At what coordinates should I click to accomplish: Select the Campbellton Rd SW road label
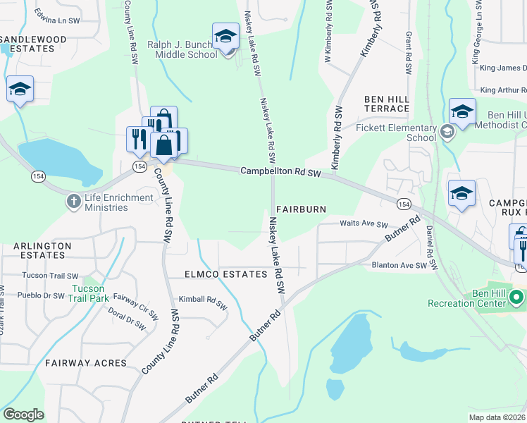pyautogui.click(x=280, y=171)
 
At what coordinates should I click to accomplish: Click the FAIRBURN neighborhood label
pyautogui.click(x=302, y=209)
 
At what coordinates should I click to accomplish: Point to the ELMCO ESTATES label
pyautogui.click(x=216, y=274)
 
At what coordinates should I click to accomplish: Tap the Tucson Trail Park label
pyautogui.click(x=89, y=293)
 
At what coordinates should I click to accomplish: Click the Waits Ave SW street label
pyautogui.click(x=364, y=225)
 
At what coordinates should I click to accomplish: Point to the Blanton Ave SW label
pyautogui.click(x=399, y=266)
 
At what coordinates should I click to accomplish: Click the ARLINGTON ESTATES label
pyautogui.click(x=42, y=251)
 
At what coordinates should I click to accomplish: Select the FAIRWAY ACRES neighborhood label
pyautogui.click(x=85, y=363)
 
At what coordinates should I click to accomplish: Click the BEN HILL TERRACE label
pyautogui.click(x=387, y=104)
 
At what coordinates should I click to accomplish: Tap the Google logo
pyautogui.click(x=23, y=414)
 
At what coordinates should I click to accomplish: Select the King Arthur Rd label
pyautogui.click(x=503, y=90)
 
